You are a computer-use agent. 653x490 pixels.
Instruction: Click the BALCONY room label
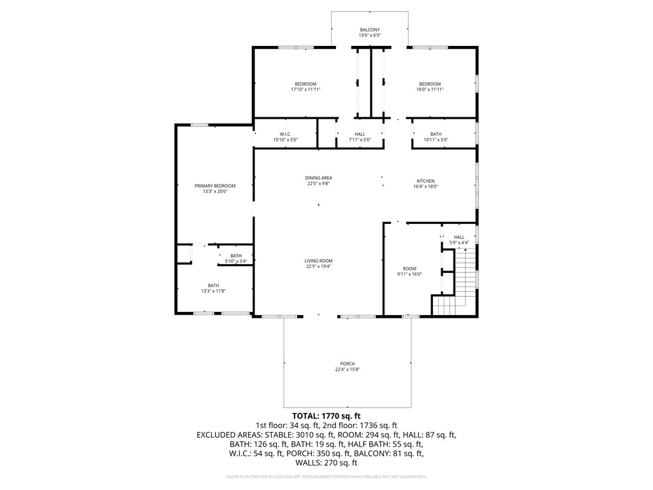click(369, 30)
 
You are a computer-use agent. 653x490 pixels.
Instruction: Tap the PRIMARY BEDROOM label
click(215, 186)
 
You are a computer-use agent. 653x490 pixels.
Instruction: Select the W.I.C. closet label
click(285, 134)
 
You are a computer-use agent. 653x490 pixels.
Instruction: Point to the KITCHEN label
click(425, 181)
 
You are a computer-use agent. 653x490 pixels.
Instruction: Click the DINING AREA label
click(319, 178)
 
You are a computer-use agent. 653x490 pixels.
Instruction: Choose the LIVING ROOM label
click(319, 261)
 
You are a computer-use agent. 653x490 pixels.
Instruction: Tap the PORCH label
click(348, 364)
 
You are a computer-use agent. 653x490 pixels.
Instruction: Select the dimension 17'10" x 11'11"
click(305, 89)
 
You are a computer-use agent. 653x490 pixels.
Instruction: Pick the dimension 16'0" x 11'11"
click(430, 89)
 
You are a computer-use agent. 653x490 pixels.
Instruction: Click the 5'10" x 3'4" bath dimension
click(236, 261)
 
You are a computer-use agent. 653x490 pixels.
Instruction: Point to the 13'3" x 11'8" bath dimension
click(213, 291)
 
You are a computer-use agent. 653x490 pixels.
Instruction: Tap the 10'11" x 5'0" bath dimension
click(436, 140)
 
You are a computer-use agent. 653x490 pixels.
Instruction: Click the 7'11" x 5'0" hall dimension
click(360, 140)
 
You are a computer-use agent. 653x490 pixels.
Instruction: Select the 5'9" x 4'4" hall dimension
click(459, 242)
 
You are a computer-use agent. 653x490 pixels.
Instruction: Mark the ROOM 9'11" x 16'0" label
click(409, 271)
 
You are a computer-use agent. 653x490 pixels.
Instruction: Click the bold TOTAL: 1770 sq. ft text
click(326, 416)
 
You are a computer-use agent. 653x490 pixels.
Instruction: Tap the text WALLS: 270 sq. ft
click(326, 463)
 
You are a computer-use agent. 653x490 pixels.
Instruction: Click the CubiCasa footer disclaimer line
click(326, 477)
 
